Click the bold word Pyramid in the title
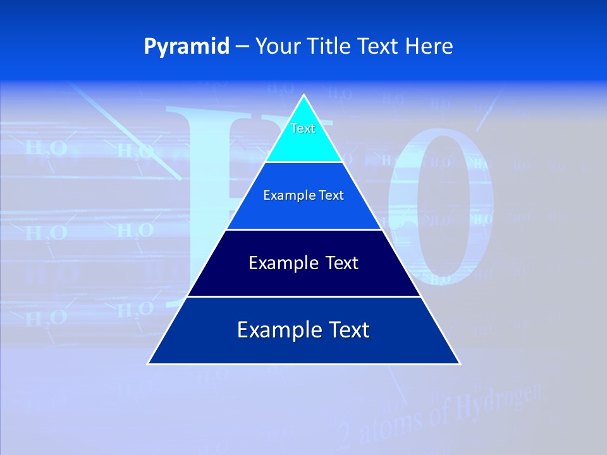[x=187, y=46]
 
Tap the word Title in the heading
[x=329, y=46]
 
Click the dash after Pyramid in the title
[x=242, y=47]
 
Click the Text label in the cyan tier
[x=303, y=128]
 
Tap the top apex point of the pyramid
[x=304, y=95]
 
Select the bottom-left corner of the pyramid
[x=148, y=364]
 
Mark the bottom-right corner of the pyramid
[x=460, y=364]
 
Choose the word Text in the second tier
[x=331, y=196]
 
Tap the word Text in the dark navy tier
[x=342, y=263]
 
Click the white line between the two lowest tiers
[x=304, y=296]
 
